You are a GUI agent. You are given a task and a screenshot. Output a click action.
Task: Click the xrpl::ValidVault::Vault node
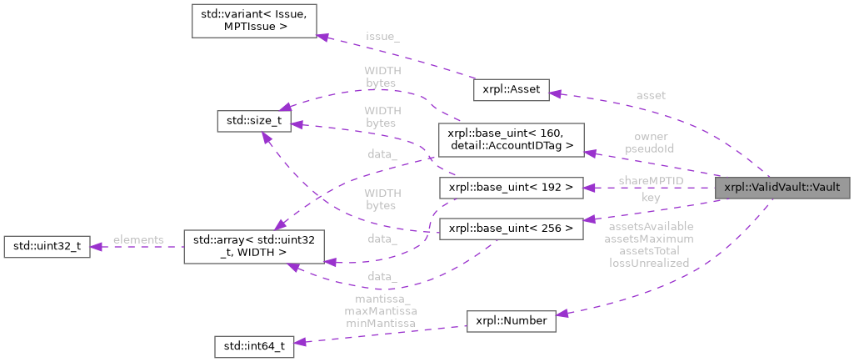[783, 187]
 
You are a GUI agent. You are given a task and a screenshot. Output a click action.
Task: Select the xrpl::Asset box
[511, 89]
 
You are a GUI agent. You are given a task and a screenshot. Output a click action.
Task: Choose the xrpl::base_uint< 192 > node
[510, 188]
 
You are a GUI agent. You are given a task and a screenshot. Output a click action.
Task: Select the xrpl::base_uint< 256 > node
[510, 228]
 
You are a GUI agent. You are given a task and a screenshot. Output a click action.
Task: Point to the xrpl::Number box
[511, 320]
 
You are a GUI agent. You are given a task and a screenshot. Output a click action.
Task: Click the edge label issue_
[382, 37]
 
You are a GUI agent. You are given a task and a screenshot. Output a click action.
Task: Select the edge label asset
[650, 95]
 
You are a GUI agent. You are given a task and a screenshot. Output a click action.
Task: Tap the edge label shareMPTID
[650, 180]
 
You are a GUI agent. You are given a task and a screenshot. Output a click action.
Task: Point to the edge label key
[650, 199]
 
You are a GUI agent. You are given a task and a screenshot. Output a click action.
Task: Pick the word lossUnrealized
[649, 263]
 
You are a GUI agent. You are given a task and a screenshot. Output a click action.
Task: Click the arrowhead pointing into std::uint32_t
[94, 247]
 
